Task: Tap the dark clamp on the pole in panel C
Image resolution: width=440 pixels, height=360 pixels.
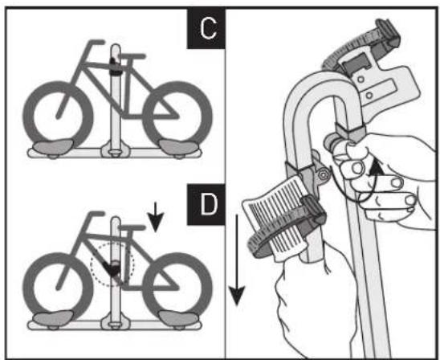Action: pos(116,68)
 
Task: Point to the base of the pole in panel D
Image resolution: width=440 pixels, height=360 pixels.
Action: pos(115,324)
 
